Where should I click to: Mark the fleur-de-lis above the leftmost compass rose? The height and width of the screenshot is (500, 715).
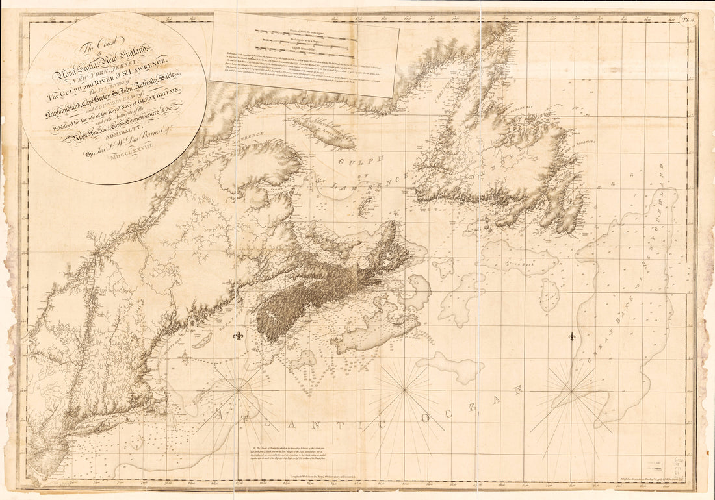[x=239, y=337]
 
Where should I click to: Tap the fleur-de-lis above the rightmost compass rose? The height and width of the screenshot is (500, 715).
[x=572, y=337]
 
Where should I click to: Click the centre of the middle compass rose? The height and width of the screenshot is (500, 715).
[x=404, y=390]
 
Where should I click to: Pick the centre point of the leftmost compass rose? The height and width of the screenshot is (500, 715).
[x=239, y=390]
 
